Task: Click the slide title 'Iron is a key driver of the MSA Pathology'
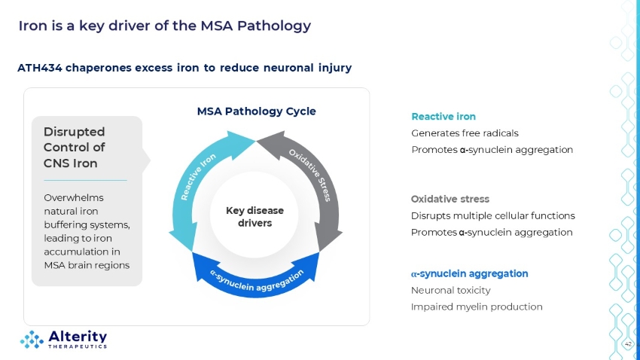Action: click(164, 26)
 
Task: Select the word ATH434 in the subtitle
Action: click(40, 68)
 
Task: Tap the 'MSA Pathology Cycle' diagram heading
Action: click(256, 111)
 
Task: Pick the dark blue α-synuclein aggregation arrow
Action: click(256, 282)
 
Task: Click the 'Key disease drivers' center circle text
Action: click(254, 217)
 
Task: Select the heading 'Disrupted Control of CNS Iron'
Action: click(75, 148)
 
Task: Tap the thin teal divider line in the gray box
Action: click(85, 180)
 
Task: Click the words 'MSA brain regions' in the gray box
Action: click(87, 265)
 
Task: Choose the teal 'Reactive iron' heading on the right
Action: click(443, 117)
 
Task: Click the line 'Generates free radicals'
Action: click(465, 133)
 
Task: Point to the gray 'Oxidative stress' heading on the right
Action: click(450, 199)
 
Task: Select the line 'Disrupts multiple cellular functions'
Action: click(493, 216)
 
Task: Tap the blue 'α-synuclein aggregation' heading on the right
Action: click(469, 274)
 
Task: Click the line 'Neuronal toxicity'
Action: click(450, 290)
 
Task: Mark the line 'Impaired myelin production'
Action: click(477, 307)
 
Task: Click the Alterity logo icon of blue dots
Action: click(32, 340)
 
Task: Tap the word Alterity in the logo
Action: click(78, 337)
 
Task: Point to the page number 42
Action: click(628, 344)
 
